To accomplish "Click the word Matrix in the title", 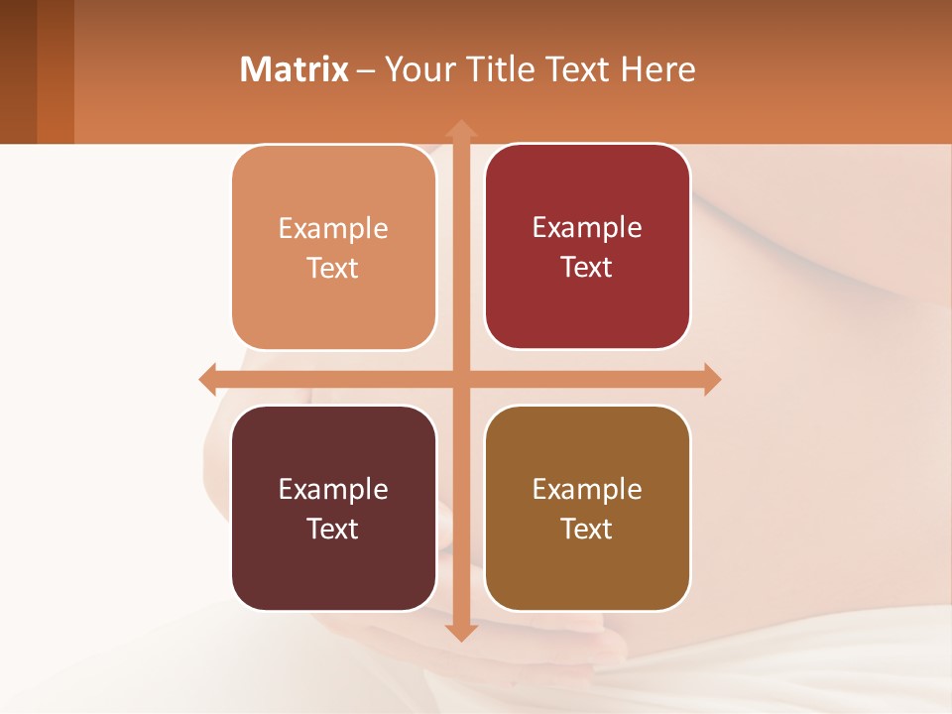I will click(295, 69).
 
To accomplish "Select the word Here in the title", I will click(657, 69).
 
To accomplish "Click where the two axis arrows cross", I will click(460, 379).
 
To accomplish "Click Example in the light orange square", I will click(333, 229).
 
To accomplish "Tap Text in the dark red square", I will click(587, 268).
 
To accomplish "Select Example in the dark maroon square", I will click(333, 489).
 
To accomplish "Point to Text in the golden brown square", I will click(587, 529).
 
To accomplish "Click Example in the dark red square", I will click(587, 228).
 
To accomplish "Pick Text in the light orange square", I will click(333, 269).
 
